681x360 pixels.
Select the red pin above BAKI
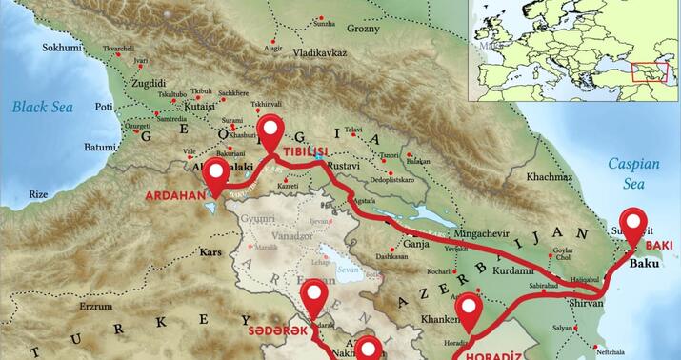click(632, 226)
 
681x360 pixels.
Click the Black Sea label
click(44, 110)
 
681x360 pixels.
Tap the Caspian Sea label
click(632, 171)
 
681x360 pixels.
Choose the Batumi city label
click(72, 147)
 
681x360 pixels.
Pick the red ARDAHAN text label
click(176, 195)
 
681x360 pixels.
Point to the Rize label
click(38, 193)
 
